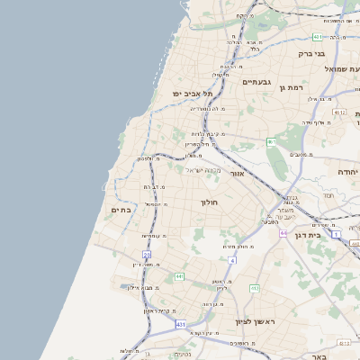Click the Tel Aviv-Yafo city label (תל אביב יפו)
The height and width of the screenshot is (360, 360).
tap(193, 93)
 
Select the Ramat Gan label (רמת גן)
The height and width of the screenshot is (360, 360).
tap(294, 86)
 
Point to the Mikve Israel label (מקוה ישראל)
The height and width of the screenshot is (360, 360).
tap(202, 169)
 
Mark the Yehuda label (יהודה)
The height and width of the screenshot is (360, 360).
tap(347, 170)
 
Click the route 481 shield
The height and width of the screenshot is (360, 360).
tap(318, 37)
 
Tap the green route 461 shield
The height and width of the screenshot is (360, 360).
tap(270, 141)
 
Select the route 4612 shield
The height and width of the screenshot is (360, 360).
tap(338, 111)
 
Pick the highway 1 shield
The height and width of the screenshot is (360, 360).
tap(336, 233)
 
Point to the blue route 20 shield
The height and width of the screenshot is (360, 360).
tap(146, 255)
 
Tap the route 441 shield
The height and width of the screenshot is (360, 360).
tap(179, 276)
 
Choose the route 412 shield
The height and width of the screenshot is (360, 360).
tap(254, 288)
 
